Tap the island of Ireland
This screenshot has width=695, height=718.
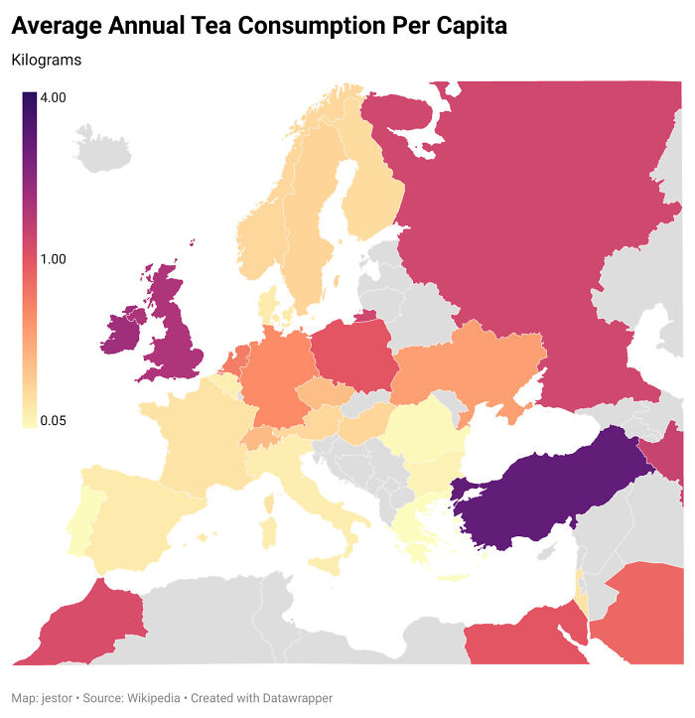pos(121,333)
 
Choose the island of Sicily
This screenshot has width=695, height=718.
pos(328,564)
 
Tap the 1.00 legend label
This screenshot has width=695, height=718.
pos(53,259)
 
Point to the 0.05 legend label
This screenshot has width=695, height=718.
pos(53,421)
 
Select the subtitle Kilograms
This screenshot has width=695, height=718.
pos(47,61)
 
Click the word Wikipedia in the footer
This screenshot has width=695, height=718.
pos(154,697)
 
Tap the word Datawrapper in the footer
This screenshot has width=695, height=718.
pos(295,697)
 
